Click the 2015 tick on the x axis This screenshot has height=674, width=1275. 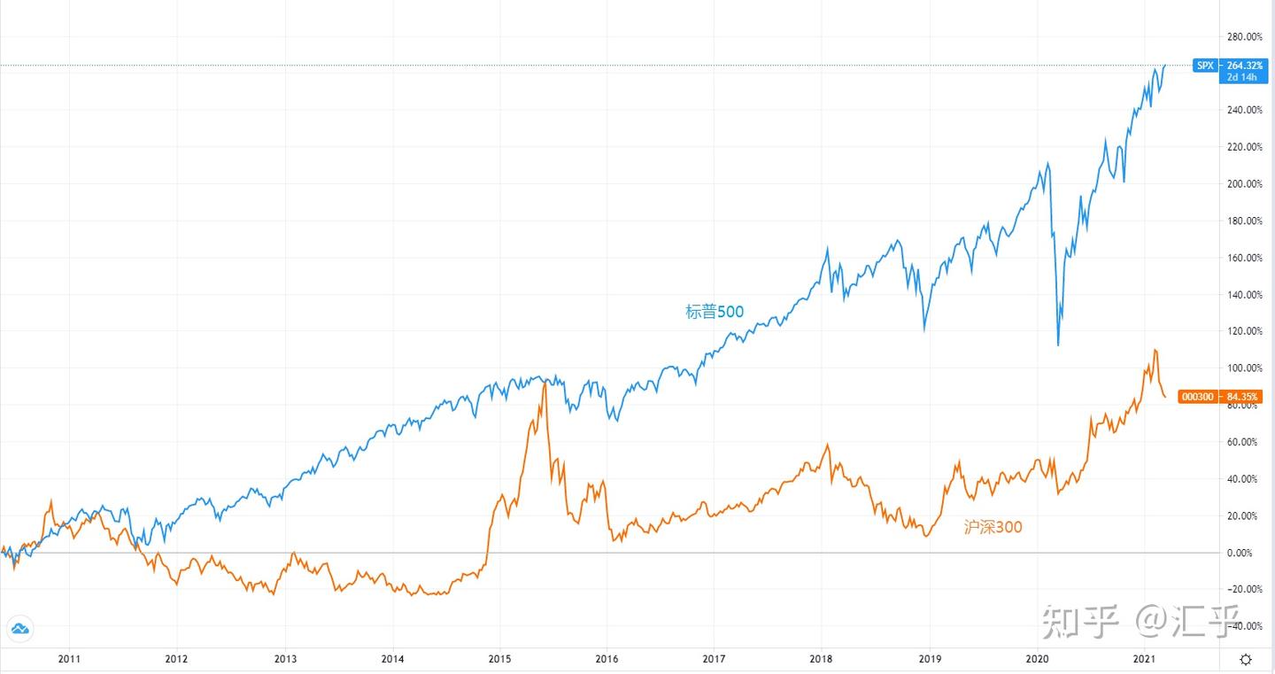pos(499,659)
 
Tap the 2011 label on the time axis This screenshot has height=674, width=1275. pos(69,659)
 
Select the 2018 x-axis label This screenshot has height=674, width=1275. pos(822,659)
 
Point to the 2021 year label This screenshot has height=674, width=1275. pos(1144,659)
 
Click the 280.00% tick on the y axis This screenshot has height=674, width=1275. pos(1245,36)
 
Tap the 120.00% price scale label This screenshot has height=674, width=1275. pos(1245,331)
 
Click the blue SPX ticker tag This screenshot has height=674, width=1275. pos(1205,65)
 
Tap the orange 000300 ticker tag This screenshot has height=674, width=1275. pos(1199,396)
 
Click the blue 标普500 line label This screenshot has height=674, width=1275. pos(715,312)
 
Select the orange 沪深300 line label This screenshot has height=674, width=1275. pos(993,528)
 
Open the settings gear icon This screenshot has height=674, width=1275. pos(1246,659)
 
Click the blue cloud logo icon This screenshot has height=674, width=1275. pos(19,629)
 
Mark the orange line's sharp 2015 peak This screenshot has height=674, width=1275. pos(544,383)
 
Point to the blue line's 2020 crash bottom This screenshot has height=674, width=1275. pos(1058,345)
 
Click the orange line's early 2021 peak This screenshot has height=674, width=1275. pos(1155,350)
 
